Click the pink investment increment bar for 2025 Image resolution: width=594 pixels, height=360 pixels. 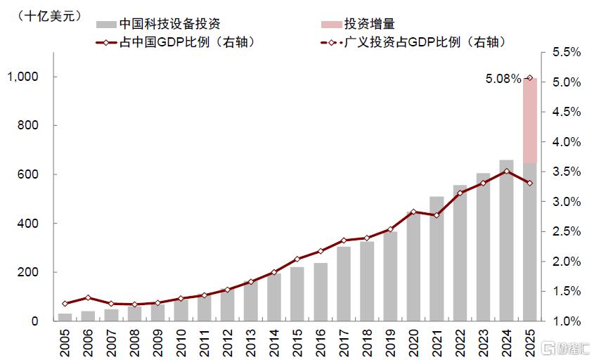[x=530, y=120]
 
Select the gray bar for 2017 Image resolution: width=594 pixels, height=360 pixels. [x=344, y=284]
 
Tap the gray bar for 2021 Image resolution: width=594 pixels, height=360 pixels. [x=437, y=259]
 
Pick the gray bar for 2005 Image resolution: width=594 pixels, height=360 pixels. [x=65, y=317]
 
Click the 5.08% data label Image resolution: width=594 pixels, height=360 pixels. [x=503, y=79]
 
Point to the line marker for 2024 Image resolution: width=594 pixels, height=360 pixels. [x=507, y=172]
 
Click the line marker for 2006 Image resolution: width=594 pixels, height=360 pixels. [x=88, y=298]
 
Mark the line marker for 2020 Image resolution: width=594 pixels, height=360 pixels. [x=413, y=212]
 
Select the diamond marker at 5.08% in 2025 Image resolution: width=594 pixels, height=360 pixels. [x=530, y=77]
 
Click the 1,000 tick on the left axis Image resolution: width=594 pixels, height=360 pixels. [x=22, y=77]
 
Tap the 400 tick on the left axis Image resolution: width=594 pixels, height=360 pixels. [x=27, y=223]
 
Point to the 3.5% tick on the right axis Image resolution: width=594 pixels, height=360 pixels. [x=567, y=172]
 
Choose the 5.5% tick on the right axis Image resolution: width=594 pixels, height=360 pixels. [x=567, y=52]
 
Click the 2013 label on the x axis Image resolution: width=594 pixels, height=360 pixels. [x=251, y=343]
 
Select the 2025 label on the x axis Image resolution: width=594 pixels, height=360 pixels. [x=530, y=343]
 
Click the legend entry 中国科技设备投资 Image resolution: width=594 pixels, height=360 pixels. [x=159, y=24]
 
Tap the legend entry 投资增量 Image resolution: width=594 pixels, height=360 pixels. [x=358, y=24]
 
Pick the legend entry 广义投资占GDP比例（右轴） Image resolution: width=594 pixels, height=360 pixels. [x=414, y=42]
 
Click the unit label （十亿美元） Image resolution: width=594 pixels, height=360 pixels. [x=50, y=16]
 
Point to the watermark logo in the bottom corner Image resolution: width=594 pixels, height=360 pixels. [x=565, y=348]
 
